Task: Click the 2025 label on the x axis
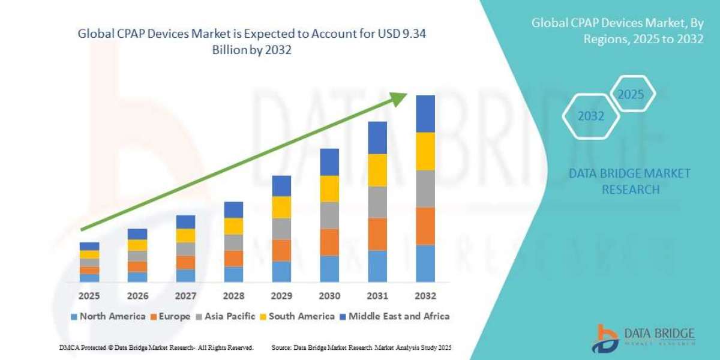pyautogui.click(x=89, y=296)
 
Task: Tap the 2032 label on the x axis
pyautogui.click(x=425, y=296)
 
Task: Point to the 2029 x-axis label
pyautogui.click(x=281, y=296)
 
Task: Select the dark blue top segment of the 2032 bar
pyautogui.click(x=425, y=113)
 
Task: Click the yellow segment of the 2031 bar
pyautogui.click(x=377, y=170)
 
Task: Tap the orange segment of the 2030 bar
pyautogui.click(x=329, y=242)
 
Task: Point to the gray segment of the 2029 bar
pyautogui.click(x=281, y=229)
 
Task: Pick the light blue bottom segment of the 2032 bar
pyautogui.click(x=425, y=263)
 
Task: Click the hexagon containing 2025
pyautogui.click(x=631, y=94)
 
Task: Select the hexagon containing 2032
pyautogui.click(x=591, y=116)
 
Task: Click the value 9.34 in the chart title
pyautogui.click(x=413, y=35)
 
